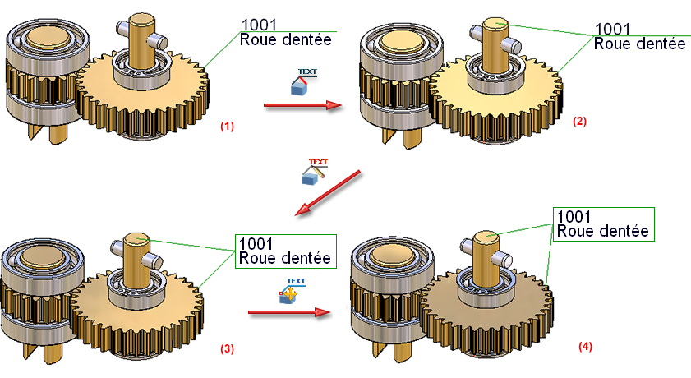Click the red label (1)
coord(227,127)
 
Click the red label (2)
coord(579,122)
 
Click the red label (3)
coord(227,348)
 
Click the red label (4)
coord(584,347)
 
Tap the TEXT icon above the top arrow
coord(304,80)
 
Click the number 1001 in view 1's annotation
coord(260,25)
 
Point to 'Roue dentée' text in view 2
coord(639,43)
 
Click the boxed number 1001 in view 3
coord(256,244)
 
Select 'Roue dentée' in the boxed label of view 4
coord(602,231)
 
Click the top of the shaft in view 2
coord(497,24)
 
